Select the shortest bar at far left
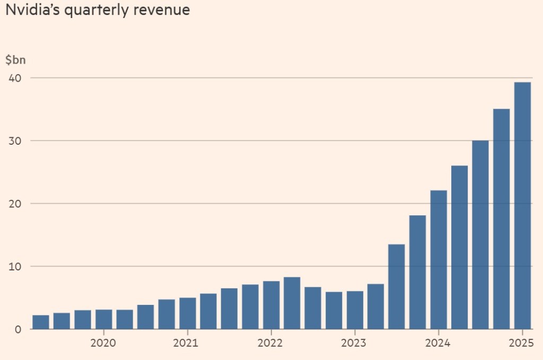[40, 322]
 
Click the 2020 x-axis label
[103, 343]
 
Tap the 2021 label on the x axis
[186, 343]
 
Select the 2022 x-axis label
[270, 343]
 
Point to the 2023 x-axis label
[354, 343]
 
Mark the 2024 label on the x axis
[437, 343]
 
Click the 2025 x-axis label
[521, 343]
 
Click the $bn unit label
[15, 60]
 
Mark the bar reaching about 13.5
[397, 287]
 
